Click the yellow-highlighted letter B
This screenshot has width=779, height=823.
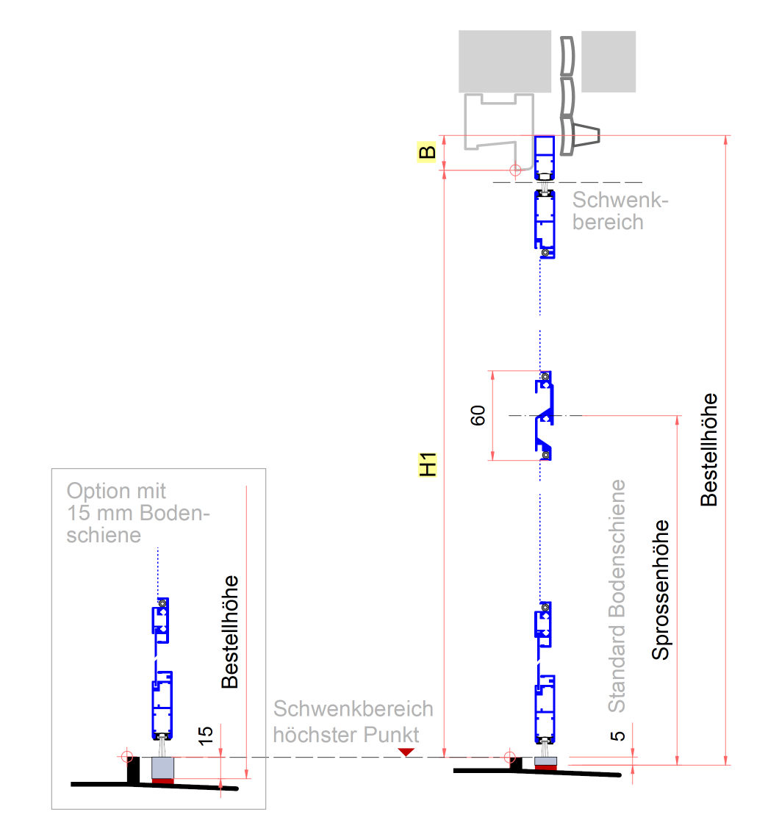(427, 152)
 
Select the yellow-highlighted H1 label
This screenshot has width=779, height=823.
(428, 464)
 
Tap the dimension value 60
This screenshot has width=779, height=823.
(478, 417)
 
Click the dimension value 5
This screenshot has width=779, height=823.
(618, 736)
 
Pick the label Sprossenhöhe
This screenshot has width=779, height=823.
(661, 589)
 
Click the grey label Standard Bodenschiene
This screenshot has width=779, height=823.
(617, 596)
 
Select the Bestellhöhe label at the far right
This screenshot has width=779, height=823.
(708, 450)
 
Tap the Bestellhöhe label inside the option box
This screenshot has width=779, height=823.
(231, 630)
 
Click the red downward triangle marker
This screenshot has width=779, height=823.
(406, 752)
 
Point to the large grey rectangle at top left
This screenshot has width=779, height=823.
(505, 61)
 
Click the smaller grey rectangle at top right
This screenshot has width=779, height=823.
(609, 61)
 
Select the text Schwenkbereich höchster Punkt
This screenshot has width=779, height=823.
(353, 722)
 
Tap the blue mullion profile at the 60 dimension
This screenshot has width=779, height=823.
(545, 416)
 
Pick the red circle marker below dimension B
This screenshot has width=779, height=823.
(516, 170)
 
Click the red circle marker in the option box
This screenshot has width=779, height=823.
(126, 756)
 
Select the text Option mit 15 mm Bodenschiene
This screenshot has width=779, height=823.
(132, 512)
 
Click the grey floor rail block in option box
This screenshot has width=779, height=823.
(162, 767)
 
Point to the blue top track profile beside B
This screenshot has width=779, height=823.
(544, 157)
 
